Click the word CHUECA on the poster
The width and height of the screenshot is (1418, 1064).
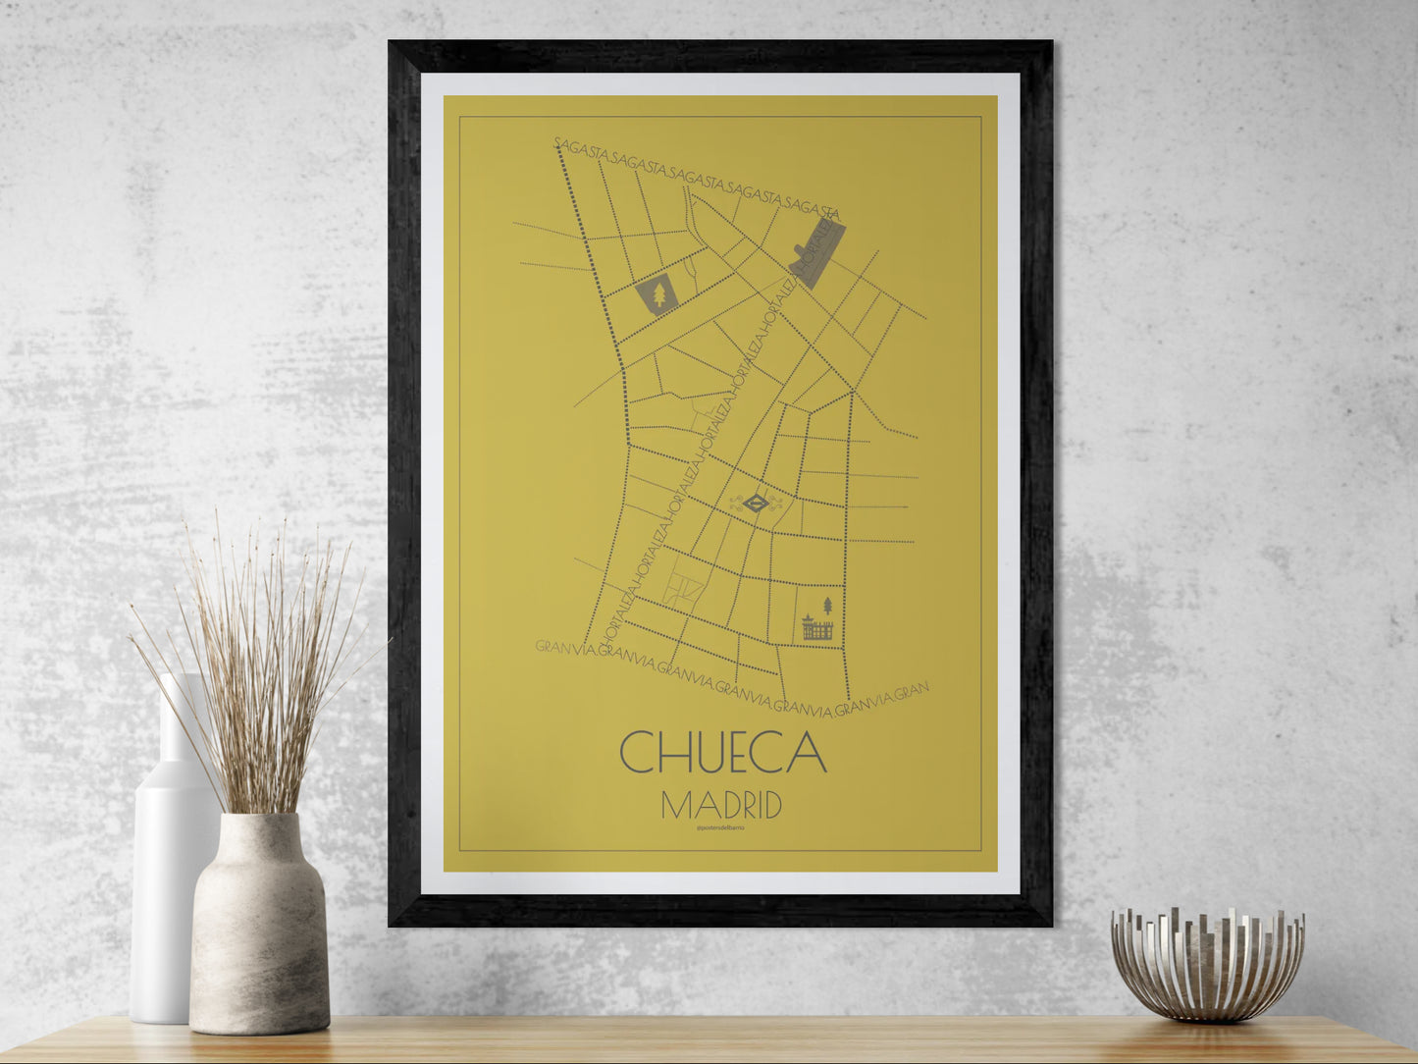click(722, 751)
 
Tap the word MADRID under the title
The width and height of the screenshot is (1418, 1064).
click(721, 806)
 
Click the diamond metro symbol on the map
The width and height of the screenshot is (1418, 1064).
click(754, 505)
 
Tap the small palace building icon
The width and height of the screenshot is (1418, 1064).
click(816, 629)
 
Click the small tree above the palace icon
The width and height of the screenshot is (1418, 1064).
click(826, 605)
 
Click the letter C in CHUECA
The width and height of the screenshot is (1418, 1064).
click(638, 752)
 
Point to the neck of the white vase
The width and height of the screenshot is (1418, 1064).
click(180, 721)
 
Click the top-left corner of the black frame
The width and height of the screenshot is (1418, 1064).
click(393, 45)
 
